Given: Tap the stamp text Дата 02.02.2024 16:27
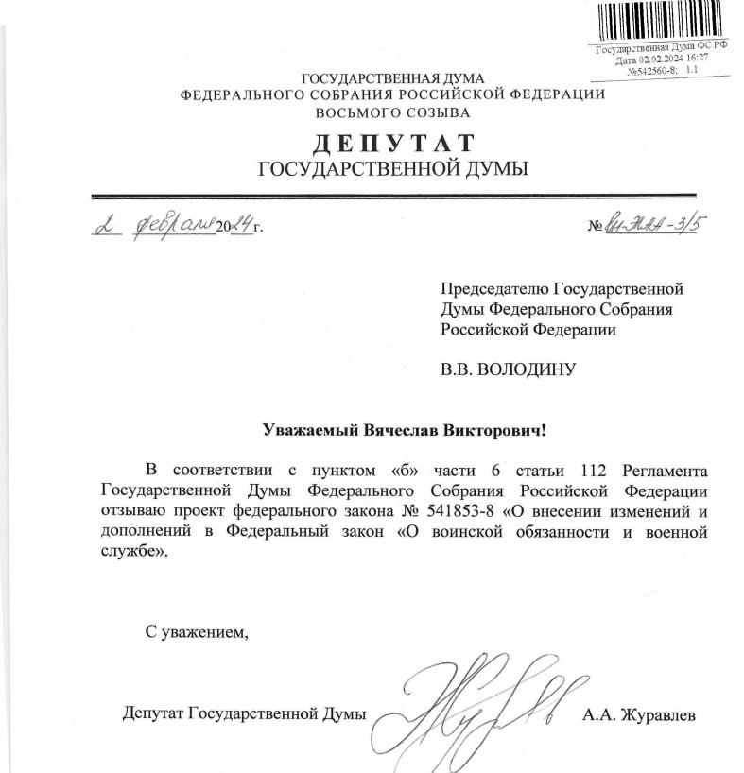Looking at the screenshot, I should (x=662, y=59).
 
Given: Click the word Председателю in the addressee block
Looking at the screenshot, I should (x=493, y=288).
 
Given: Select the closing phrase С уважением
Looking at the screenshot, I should (x=197, y=631).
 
